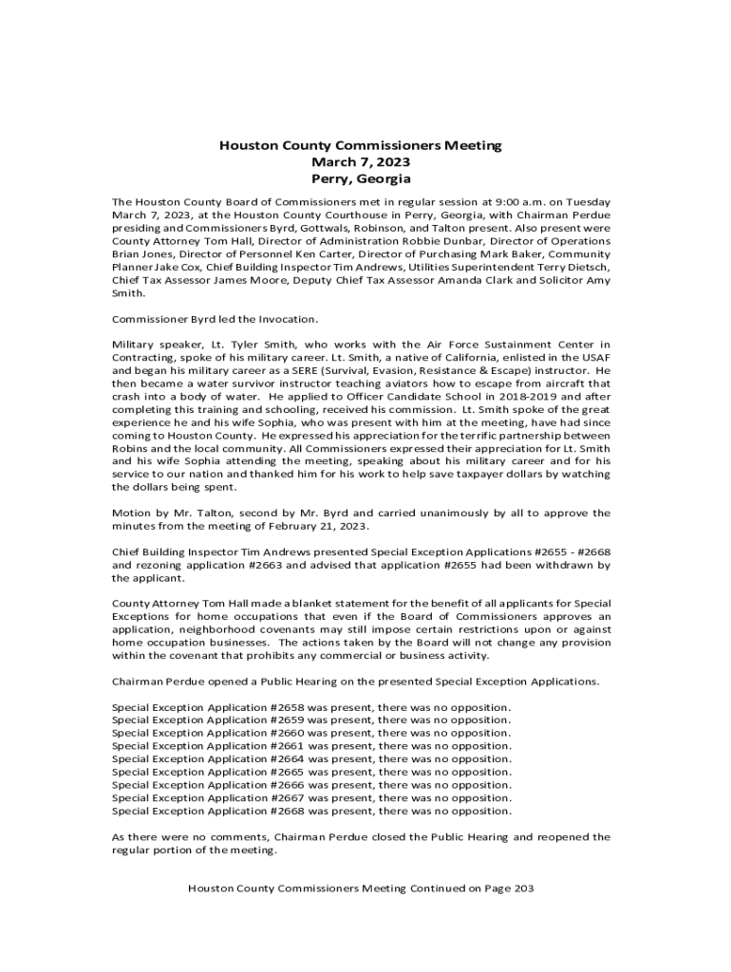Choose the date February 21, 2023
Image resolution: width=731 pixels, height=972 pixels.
[x=316, y=526]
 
